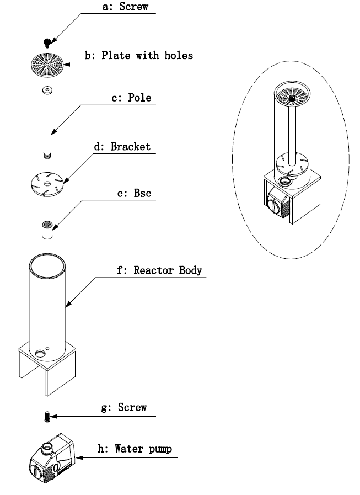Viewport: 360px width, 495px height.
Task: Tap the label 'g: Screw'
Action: (126, 408)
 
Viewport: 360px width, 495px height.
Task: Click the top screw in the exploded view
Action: (47, 41)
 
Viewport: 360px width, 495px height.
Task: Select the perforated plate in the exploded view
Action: (47, 63)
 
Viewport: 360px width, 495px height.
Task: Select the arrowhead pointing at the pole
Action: (52, 132)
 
